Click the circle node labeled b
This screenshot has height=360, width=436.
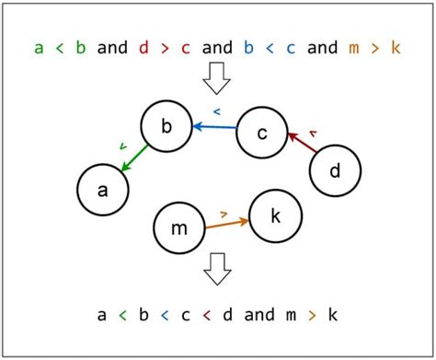point(166,128)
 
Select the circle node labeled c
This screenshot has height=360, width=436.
point(262,134)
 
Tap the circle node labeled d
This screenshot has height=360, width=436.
point(335,171)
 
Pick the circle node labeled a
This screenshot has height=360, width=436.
point(101,189)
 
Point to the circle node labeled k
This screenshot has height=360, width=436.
point(276,216)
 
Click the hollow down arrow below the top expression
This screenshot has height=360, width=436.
point(217,80)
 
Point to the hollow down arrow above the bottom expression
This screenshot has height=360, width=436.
point(217,269)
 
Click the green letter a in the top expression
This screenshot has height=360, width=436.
point(39,47)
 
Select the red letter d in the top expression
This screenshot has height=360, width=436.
point(144,47)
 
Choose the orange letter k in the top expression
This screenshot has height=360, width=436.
point(396,47)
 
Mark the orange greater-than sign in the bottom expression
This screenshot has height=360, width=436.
point(313,316)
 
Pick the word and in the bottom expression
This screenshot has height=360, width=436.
point(259,315)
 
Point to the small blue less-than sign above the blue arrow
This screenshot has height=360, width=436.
point(217,111)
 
